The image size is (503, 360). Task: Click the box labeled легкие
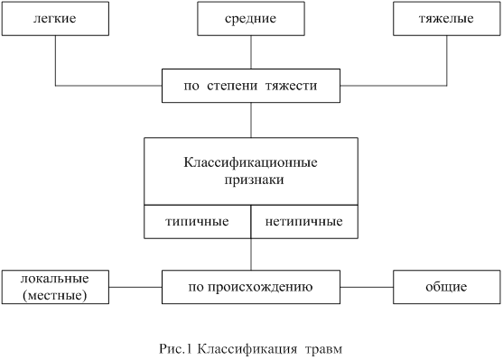pyautogui.click(x=55, y=19)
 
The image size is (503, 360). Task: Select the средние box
pyautogui.click(x=251, y=19)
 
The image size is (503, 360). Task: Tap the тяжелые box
pyautogui.click(x=447, y=19)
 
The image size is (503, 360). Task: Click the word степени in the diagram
pyautogui.click(x=232, y=86)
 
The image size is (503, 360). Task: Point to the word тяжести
pyautogui.click(x=292, y=86)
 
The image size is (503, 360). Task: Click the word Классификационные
pyautogui.click(x=250, y=162)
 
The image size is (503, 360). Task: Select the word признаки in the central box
pyautogui.click(x=254, y=180)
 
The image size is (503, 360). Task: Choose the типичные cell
pyautogui.click(x=197, y=222)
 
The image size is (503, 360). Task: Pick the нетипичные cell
pyautogui.click(x=304, y=222)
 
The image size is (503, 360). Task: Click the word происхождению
pyautogui.click(x=260, y=287)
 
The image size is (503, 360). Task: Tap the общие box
pyautogui.click(x=447, y=287)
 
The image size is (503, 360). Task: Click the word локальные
pyautogui.click(x=55, y=279)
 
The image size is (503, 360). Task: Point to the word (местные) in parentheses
pyautogui.click(x=55, y=295)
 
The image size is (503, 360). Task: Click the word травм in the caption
pyautogui.click(x=323, y=349)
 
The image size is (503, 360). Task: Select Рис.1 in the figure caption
pyautogui.click(x=175, y=348)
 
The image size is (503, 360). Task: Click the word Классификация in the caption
pyautogui.click(x=247, y=349)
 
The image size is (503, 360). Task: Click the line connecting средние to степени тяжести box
pyautogui.click(x=251, y=52)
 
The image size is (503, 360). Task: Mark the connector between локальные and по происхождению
pyautogui.click(x=135, y=287)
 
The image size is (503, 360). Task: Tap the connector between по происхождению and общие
pyautogui.click(x=367, y=287)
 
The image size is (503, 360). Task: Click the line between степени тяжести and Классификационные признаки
pyautogui.click(x=251, y=120)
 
